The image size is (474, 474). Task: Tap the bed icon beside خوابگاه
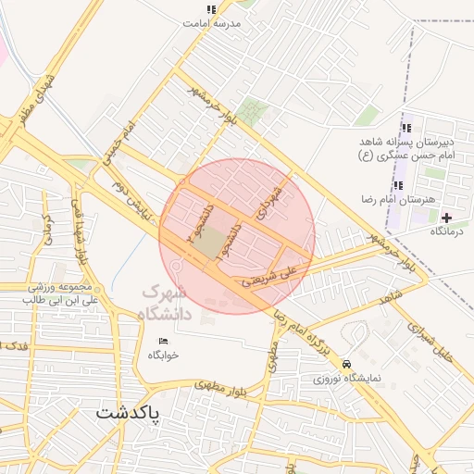click(164, 343)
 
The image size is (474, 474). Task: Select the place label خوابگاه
click(163, 355)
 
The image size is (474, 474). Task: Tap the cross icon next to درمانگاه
click(447, 217)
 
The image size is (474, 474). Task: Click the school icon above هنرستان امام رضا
click(398, 186)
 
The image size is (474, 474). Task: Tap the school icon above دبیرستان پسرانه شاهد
click(405, 129)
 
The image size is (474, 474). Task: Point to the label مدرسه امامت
click(222, 21)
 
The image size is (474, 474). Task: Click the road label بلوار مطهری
click(217, 381)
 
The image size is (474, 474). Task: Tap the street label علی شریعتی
click(270, 276)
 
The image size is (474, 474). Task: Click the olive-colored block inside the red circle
click(212, 243)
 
